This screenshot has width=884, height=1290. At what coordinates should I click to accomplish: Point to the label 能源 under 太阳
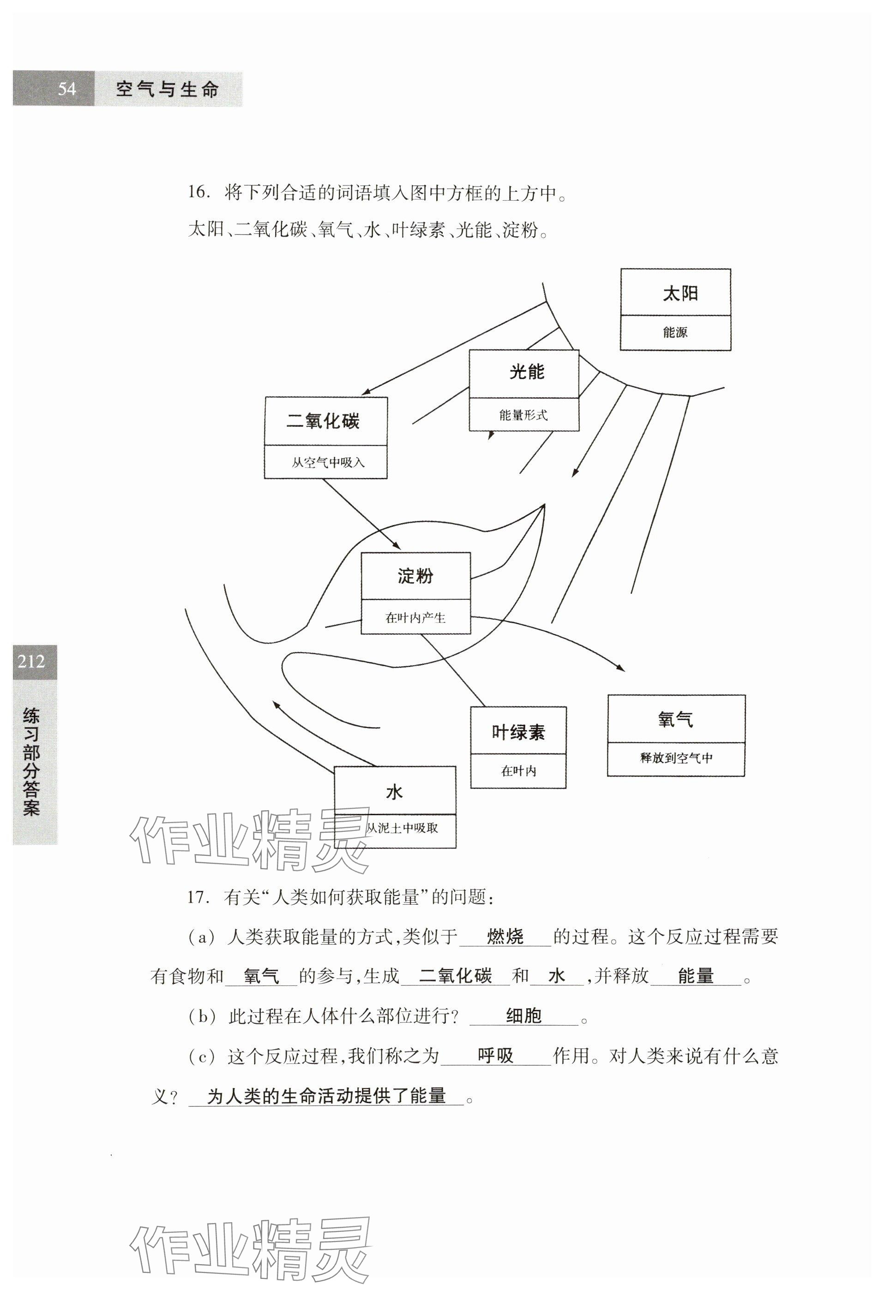(x=675, y=333)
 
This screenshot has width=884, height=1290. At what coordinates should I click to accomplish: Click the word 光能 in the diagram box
(x=526, y=372)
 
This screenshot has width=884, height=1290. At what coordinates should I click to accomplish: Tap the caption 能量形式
(x=523, y=415)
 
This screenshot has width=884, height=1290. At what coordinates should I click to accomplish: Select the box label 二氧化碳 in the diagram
(x=323, y=421)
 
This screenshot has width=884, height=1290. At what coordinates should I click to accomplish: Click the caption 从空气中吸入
(x=328, y=462)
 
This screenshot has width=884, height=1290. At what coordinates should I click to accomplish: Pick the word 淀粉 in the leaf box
(x=415, y=576)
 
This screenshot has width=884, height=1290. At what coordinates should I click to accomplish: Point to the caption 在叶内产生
(x=415, y=618)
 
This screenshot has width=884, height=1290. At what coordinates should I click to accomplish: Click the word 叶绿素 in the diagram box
(x=518, y=733)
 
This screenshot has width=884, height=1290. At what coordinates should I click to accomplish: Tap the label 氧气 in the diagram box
(x=675, y=720)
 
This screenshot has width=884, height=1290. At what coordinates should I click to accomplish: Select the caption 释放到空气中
(x=676, y=758)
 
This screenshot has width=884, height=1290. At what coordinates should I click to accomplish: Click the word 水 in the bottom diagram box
(x=394, y=792)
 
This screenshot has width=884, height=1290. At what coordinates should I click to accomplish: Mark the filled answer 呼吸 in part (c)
(x=495, y=1056)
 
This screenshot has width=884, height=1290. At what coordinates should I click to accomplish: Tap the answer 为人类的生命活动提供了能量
(x=326, y=1096)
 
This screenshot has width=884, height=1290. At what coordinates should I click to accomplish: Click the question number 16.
(x=197, y=192)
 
